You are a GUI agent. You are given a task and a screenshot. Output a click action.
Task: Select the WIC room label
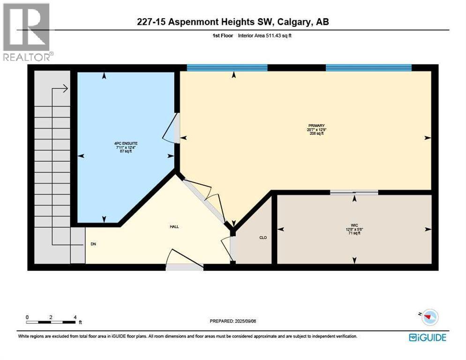click(354, 225)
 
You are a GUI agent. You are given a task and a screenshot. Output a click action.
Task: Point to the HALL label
click(174, 226)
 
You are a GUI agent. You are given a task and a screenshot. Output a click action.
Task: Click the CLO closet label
click(263, 238)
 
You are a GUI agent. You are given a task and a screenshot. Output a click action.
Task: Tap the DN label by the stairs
click(93, 244)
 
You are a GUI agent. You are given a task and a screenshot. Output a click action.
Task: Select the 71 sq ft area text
click(354, 233)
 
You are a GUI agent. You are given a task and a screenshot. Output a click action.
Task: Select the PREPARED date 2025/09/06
click(233, 321)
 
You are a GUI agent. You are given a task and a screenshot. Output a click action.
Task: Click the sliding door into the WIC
click(354, 192)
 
